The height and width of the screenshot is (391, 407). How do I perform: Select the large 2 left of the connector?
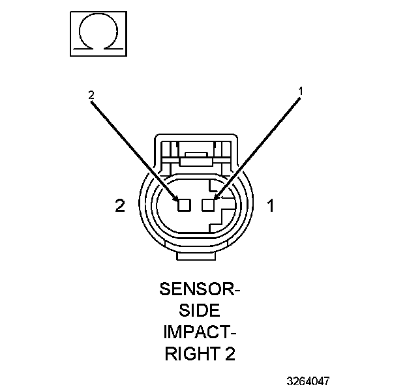119,206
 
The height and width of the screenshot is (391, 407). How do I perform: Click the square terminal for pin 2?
184,205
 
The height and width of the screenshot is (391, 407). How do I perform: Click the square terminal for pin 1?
208,205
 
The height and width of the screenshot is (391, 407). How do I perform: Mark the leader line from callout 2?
133,147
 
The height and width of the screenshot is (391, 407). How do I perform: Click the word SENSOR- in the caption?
200,287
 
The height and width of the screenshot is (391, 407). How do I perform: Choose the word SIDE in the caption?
200,310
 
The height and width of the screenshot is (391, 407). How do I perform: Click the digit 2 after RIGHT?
230,356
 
